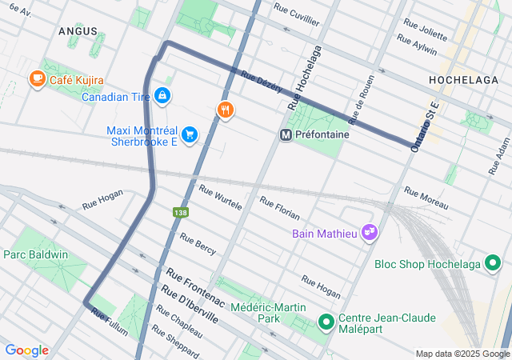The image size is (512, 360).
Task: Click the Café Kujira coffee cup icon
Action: pyautogui.click(x=37, y=79)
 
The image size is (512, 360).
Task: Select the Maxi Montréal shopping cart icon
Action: pyautogui.click(x=189, y=134)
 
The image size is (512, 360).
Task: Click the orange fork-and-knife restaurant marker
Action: pyautogui.click(x=226, y=110)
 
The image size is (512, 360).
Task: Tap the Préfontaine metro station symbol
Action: pyautogui.click(x=285, y=135)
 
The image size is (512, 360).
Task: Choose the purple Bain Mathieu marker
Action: pyautogui.click(x=369, y=233)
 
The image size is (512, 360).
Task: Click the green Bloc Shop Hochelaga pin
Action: pyautogui.click(x=494, y=263)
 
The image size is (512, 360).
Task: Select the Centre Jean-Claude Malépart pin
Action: pyautogui.click(x=326, y=322)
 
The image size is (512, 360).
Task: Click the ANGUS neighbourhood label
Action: pyautogui.click(x=78, y=30)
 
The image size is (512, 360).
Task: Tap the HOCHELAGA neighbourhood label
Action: pyautogui.click(x=463, y=80)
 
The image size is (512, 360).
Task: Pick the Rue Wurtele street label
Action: pyautogui.click(x=220, y=197)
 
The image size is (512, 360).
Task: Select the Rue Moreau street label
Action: pyautogui.click(x=426, y=198)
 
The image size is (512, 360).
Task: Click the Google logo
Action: pyautogui.click(x=26, y=350)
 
